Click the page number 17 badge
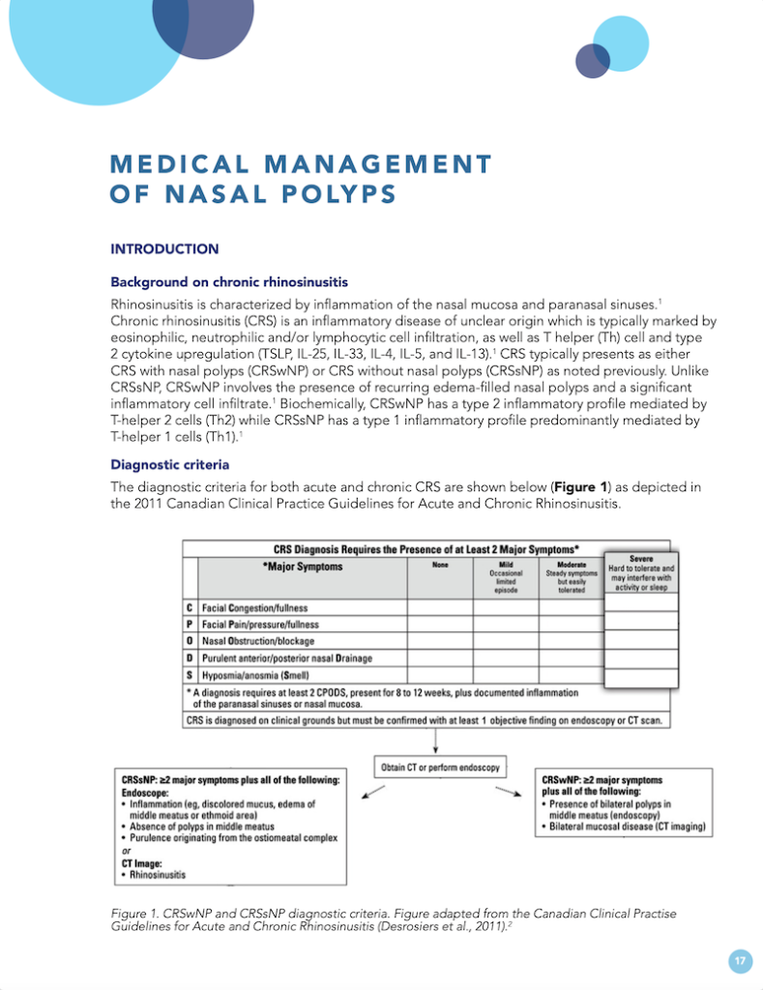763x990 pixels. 740,960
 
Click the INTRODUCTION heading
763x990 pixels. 164,248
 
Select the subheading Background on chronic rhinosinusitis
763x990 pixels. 229,282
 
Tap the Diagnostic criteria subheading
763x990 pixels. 169,464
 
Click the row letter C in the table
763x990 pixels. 190,607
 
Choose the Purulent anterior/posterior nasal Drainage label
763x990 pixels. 287,657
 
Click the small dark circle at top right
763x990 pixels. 592,60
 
